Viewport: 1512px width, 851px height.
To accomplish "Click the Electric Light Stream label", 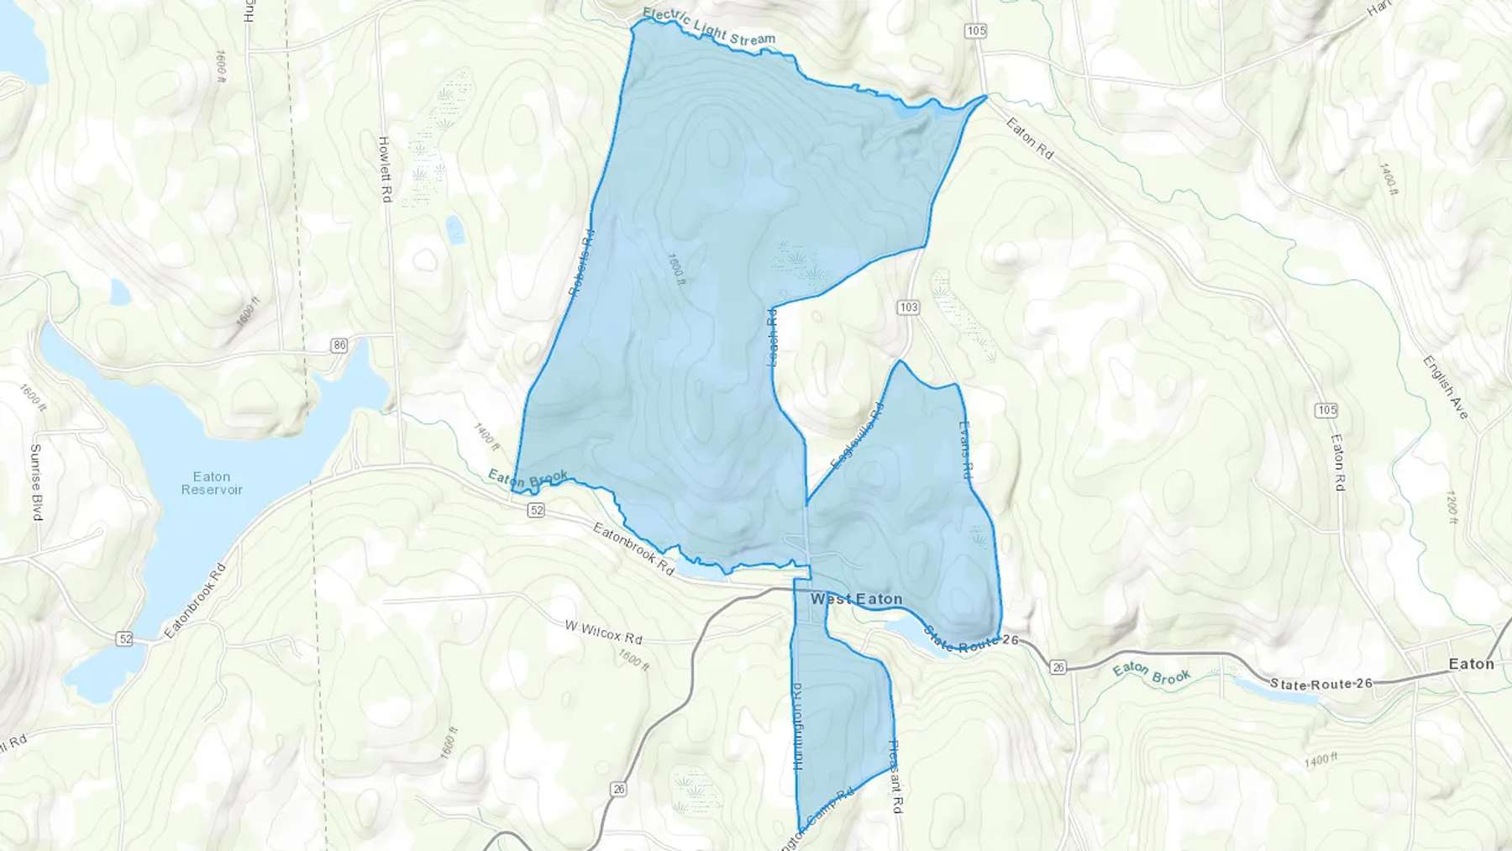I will click(709, 26).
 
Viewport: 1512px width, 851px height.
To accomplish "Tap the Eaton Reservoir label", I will click(212, 483).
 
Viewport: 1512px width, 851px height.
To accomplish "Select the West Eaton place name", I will click(856, 599).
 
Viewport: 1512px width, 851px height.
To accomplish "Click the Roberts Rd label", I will click(581, 263).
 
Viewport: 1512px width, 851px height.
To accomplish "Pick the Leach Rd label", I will click(773, 336).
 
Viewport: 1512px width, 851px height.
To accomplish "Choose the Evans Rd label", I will click(965, 450).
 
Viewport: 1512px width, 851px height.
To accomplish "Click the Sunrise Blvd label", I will click(36, 482).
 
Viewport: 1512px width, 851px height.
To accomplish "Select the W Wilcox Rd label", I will click(603, 632).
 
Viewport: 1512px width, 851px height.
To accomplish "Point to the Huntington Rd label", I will click(797, 726).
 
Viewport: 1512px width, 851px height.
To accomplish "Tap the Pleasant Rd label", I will click(895, 776).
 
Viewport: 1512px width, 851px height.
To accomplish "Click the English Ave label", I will click(1445, 386).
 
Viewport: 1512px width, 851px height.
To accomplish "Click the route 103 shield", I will click(908, 307).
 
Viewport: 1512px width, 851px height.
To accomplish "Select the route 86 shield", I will click(339, 344).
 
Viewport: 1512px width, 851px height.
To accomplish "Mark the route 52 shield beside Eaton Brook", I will click(537, 510).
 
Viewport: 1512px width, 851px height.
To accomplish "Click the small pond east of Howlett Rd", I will click(454, 229).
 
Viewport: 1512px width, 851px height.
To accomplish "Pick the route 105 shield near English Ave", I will click(1326, 410).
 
